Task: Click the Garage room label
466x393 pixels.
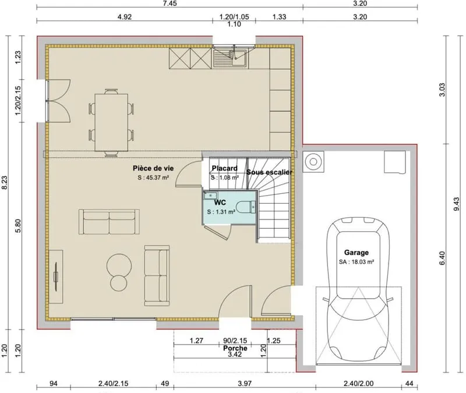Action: click(x=356, y=253)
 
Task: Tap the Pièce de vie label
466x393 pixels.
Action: click(x=153, y=168)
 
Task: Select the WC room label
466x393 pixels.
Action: click(x=220, y=203)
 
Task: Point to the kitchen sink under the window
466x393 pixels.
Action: click(x=230, y=58)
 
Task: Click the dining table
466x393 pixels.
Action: click(x=111, y=122)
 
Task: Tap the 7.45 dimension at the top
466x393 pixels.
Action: click(x=170, y=3)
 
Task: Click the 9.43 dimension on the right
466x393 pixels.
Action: click(x=457, y=204)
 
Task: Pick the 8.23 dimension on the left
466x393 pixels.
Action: click(x=4, y=182)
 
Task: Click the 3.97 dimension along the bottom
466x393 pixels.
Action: click(x=245, y=384)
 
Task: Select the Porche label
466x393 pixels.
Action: click(x=235, y=348)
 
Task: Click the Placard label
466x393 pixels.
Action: click(x=225, y=168)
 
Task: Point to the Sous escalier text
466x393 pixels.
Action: click(x=269, y=172)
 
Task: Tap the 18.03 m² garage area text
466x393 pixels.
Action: click(x=356, y=262)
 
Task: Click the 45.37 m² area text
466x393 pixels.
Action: click(x=153, y=178)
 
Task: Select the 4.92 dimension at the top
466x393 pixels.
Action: click(x=125, y=17)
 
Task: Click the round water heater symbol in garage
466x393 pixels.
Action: click(x=313, y=162)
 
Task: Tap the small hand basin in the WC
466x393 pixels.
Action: click(x=211, y=196)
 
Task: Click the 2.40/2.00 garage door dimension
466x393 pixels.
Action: click(x=359, y=384)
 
